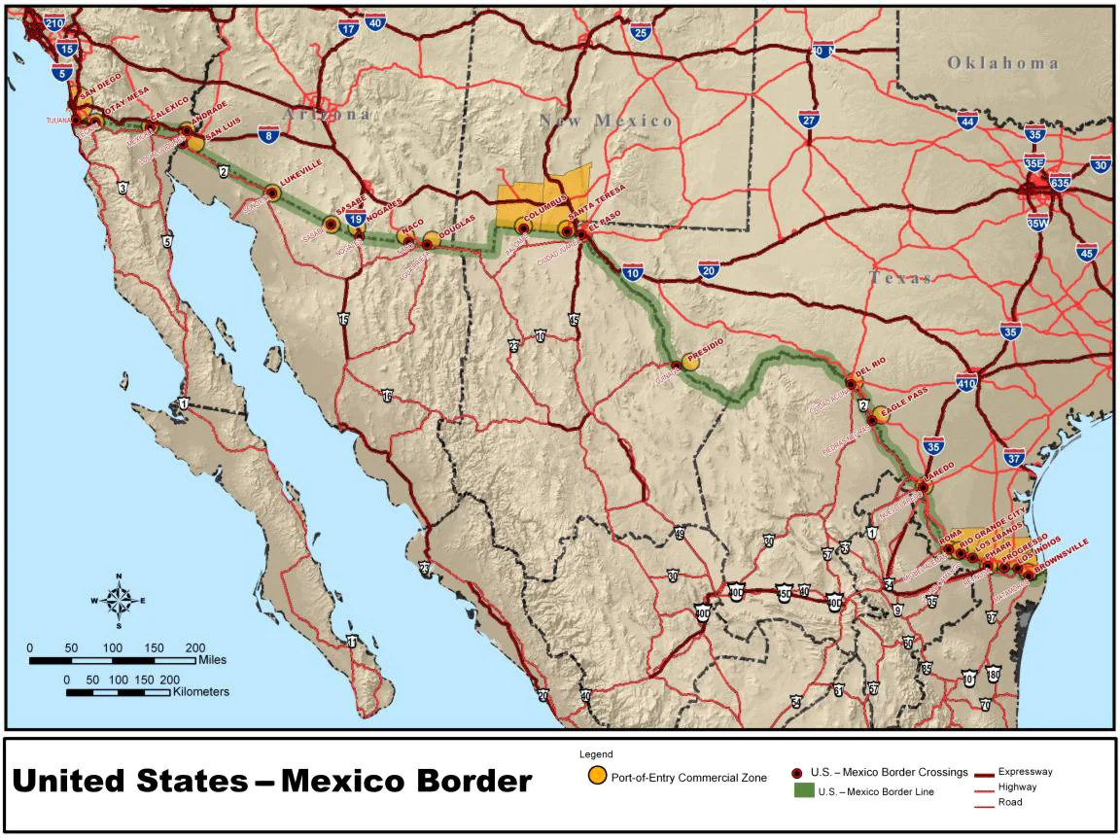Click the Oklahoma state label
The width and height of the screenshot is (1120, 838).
1003,63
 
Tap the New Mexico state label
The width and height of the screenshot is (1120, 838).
607,120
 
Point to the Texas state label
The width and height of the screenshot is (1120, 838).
901,278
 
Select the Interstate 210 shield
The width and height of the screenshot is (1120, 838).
54,22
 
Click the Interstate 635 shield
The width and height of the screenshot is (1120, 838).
1060,182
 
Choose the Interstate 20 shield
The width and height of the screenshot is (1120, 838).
708,271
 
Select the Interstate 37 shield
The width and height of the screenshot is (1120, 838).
1014,457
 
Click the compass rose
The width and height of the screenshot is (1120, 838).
118,599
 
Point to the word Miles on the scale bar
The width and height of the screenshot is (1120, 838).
211,659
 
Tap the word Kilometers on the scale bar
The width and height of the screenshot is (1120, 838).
201,692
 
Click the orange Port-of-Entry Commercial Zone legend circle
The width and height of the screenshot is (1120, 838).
596,776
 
